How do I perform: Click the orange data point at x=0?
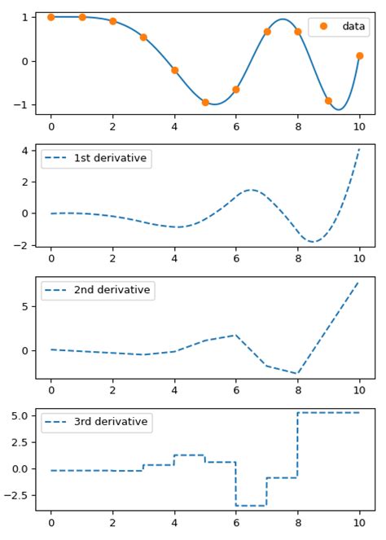click(51, 17)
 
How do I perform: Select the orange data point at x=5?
click(205, 103)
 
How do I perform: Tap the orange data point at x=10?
click(359, 56)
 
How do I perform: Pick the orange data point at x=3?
click(143, 37)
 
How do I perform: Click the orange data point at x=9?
click(328, 101)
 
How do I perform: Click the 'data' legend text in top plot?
click(353, 26)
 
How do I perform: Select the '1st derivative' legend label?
click(110, 158)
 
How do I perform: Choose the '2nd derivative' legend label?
click(112, 290)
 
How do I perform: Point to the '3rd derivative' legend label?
click(111, 422)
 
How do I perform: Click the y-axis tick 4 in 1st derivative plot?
click(25, 150)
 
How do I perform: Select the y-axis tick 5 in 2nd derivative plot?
click(25, 307)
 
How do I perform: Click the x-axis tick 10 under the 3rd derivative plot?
click(359, 522)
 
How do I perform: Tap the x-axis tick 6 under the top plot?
click(236, 126)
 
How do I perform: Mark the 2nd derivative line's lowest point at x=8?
click(298, 373)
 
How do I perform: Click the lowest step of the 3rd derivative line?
click(251, 506)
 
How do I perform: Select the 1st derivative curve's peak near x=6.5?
click(252, 190)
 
